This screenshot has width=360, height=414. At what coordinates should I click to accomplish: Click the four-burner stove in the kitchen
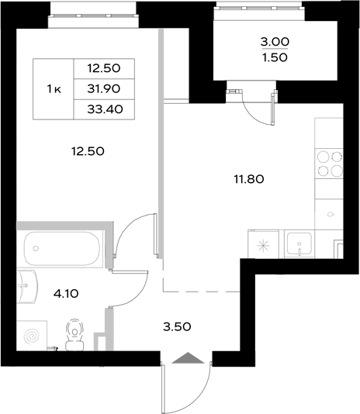pyautogui.click(x=328, y=164)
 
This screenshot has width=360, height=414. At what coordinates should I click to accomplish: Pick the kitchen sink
pyautogui.click(x=298, y=243)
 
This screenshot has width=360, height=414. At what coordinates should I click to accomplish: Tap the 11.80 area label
pyautogui.click(x=250, y=178)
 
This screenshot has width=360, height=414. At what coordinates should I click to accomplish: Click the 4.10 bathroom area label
pyautogui.click(x=64, y=294)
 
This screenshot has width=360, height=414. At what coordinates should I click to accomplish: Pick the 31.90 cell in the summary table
pyautogui.click(x=103, y=88)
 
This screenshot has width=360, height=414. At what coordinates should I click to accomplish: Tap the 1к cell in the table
pyautogui.click(x=54, y=88)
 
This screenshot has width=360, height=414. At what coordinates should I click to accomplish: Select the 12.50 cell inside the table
pyautogui.click(x=103, y=68)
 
